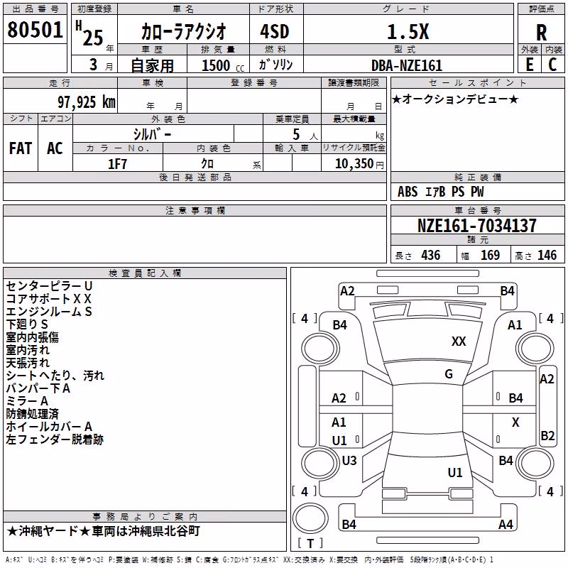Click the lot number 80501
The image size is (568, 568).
35,30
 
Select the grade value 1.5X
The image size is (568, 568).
408,31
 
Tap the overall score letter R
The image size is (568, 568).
541,33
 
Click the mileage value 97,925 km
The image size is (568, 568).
87,102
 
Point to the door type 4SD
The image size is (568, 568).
275,31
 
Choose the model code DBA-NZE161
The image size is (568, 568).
407,65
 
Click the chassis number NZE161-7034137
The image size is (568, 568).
476,225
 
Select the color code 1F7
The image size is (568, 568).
117,164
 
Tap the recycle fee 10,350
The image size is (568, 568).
354,164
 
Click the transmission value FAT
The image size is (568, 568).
21,148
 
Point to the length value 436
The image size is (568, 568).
431,256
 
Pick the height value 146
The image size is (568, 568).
547,256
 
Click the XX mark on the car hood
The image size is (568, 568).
459,342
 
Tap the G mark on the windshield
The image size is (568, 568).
449,374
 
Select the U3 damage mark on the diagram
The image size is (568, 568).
349,461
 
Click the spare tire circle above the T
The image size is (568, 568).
310,518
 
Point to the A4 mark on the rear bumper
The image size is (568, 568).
506,524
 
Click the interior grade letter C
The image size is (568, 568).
552,65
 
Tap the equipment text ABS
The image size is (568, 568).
408,192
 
